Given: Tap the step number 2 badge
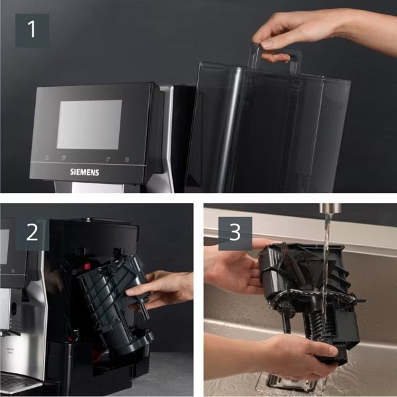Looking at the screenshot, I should pyautogui.click(x=32, y=233).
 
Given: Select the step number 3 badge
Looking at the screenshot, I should pyautogui.click(x=235, y=233).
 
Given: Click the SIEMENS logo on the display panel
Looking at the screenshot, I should pyautogui.click(x=85, y=171).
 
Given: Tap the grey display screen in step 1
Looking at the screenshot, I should pyautogui.click(x=89, y=124).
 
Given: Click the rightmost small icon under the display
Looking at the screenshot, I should pyautogui.click(x=126, y=159).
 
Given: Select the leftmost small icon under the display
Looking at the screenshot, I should pyautogui.click(x=46, y=158).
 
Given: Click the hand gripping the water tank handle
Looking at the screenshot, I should pyautogui.click(x=298, y=30).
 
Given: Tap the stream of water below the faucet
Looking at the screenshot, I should pyautogui.click(x=325, y=265).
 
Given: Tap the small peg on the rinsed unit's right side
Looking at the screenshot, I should pyautogui.click(x=360, y=300).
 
